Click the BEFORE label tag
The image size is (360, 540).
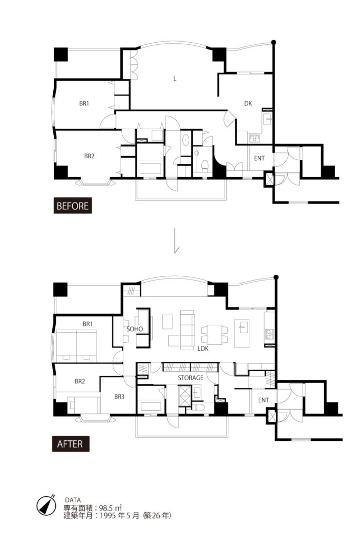(x=73, y=206)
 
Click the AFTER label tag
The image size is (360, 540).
(x=71, y=443)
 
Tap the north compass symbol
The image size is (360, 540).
(x=46, y=506)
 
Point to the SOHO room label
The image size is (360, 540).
(x=134, y=329)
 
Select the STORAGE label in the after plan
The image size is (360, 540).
(x=190, y=378)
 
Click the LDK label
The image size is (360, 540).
(x=203, y=349)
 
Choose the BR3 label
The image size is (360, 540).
(x=120, y=397)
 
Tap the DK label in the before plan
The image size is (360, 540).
(x=248, y=103)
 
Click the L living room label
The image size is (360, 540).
(x=175, y=79)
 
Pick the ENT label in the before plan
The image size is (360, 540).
(x=259, y=158)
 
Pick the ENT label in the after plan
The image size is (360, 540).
(x=264, y=400)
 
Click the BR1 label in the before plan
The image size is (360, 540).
(x=84, y=103)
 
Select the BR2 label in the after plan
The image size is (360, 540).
(x=80, y=381)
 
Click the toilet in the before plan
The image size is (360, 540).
(x=205, y=165)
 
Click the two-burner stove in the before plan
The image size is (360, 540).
(x=255, y=138)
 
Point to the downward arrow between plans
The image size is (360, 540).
(x=176, y=240)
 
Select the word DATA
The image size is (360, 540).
(x=73, y=500)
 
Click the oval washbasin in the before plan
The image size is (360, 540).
(x=186, y=140)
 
